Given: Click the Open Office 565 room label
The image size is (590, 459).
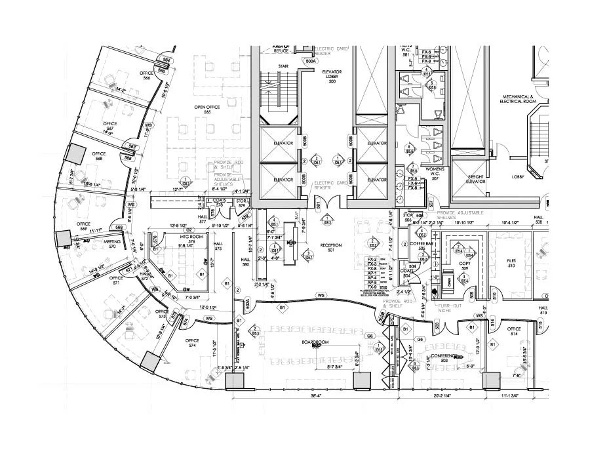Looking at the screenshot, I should point(206,110).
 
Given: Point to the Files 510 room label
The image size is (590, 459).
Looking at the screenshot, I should point(511,264).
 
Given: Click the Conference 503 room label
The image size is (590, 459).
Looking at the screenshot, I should point(443,357).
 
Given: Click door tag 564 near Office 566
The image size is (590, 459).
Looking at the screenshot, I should point(167,61).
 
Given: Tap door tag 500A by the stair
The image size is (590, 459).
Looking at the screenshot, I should point(311,61).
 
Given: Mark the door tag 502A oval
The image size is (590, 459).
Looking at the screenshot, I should point(247,304).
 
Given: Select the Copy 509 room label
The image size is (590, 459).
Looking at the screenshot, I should point(465,265).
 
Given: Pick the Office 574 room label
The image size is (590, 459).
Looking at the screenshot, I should point(192,343).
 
